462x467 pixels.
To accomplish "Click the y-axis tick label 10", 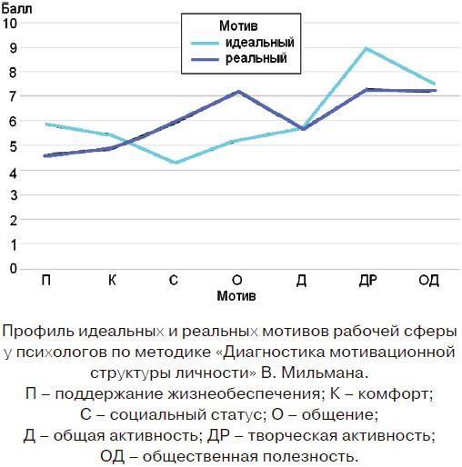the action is [x=10, y=23].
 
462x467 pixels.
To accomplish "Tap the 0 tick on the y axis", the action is [x=13, y=268].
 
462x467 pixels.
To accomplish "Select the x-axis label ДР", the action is [x=368, y=281].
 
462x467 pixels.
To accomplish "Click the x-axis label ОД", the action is [x=428, y=281].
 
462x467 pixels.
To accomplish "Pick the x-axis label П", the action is [x=46, y=280].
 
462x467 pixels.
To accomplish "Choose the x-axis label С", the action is [x=174, y=280].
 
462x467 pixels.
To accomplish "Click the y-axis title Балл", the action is [x=16, y=9].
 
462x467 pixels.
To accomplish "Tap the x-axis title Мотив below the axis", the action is [x=236, y=296].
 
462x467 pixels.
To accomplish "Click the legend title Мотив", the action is [x=238, y=25].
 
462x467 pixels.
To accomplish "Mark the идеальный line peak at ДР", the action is [x=367, y=48].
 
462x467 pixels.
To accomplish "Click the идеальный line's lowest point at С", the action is [x=176, y=163].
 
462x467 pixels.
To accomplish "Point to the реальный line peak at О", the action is [x=238, y=91].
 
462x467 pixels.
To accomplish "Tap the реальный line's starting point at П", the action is [x=45, y=155].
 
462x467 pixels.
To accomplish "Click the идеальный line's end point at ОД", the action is [x=434, y=84].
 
